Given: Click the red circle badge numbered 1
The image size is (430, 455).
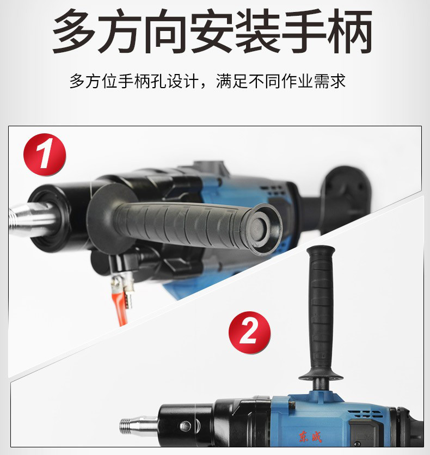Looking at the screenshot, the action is click(45, 155).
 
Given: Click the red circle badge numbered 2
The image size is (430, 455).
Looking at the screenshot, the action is click(249, 333).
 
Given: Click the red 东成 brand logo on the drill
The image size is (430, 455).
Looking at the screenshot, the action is click(310, 436).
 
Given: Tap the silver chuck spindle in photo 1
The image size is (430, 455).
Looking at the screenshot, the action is click(32, 219).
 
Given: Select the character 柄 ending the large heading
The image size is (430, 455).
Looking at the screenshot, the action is click(349, 31).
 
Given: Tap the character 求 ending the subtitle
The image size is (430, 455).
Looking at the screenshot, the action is click(337, 81).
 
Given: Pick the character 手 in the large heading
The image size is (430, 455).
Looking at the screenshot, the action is click(304, 31).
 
